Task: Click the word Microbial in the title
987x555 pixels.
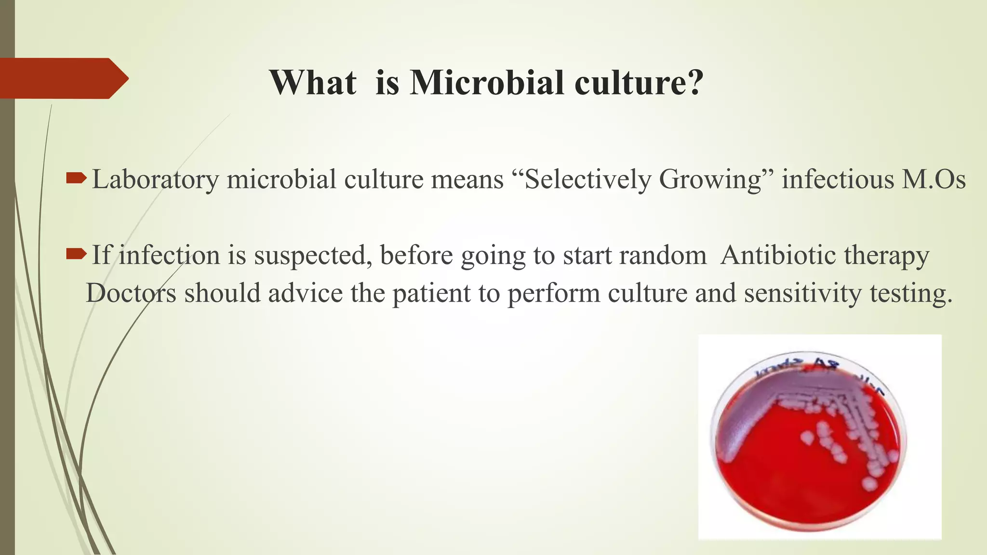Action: point(487,82)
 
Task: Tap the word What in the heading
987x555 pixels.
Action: point(313,82)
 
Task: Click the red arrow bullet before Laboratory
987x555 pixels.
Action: point(76,179)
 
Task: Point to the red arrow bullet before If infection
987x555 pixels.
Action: point(76,254)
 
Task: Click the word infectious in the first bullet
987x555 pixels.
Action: point(838,179)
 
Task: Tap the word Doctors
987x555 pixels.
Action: point(131,293)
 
